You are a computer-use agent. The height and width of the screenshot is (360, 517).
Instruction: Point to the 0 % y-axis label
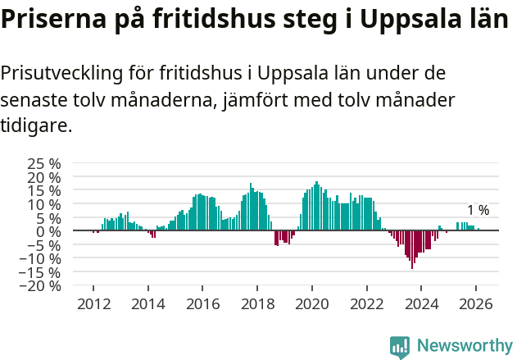[x=48, y=231]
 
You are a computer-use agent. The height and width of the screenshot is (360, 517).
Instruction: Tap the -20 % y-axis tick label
[x=42, y=286]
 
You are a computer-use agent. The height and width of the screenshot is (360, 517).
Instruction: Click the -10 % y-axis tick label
[x=42, y=258]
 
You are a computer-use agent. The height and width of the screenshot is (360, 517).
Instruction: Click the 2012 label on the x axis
[x=93, y=302]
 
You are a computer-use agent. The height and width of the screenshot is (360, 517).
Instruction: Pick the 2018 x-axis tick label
[x=256, y=302]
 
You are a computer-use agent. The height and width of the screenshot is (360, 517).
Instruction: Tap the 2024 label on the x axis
[x=421, y=302]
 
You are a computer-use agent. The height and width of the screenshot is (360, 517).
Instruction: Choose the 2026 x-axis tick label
[x=475, y=302]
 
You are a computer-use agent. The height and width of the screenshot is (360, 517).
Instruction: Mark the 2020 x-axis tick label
[x=311, y=302]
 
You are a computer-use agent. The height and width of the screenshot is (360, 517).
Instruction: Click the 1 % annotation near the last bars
[x=478, y=210]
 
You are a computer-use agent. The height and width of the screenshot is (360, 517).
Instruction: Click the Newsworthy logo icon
[x=400, y=347]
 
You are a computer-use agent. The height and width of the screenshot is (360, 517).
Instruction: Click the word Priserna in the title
[x=48, y=21]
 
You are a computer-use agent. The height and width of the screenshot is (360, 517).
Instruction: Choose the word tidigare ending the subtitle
[x=35, y=125]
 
